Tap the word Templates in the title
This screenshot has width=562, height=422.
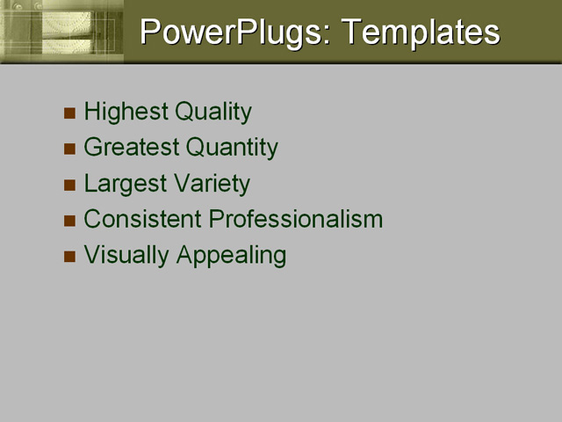421,33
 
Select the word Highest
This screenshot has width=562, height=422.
126,113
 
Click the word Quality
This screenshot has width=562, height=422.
213,113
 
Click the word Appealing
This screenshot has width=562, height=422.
231,256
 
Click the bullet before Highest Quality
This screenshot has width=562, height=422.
70,113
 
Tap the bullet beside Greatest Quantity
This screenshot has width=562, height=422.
70,149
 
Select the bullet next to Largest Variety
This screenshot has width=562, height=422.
70,185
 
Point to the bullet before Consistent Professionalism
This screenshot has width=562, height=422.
70,221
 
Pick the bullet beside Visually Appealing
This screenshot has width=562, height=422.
70,257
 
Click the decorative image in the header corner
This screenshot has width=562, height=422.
61,31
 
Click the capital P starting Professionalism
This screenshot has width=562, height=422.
241,219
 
